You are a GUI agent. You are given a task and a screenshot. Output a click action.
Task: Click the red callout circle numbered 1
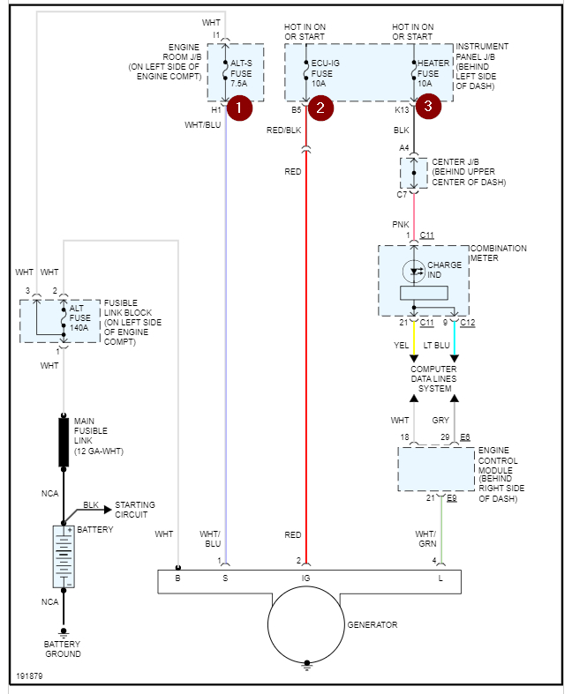pos(239,108)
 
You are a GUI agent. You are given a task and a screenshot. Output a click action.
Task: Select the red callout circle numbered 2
pos(320,108)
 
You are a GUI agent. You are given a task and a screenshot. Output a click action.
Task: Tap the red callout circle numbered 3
pos(428,108)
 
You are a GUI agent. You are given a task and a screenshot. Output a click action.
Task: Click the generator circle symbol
pos(305,624)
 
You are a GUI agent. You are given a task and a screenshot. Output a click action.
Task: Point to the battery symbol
pos(64,556)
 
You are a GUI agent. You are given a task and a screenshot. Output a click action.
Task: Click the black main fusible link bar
pos(64,442)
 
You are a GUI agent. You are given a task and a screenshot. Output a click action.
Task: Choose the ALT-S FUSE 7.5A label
pos(242,74)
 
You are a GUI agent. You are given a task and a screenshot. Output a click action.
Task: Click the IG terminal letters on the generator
pos(305,578)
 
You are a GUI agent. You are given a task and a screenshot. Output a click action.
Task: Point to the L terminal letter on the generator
pos(440,578)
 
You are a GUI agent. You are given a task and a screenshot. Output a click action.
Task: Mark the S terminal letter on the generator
pos(225,578)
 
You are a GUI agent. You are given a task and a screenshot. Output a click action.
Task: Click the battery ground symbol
pos(64,633)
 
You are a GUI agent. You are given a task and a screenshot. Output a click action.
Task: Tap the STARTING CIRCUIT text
pos(135,510)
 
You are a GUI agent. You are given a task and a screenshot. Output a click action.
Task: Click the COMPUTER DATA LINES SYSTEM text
pos(433,379)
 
